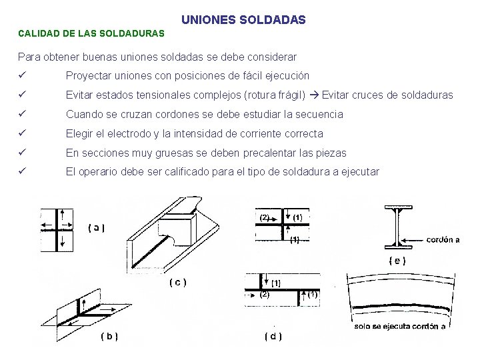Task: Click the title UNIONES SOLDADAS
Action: click(x=243, y=20)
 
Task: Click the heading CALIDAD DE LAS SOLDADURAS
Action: click(x=91, y=33)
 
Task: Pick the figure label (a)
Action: click(x=96, y=227)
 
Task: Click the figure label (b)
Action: click(x=109, y=336)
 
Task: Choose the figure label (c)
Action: click(x=177, y=282)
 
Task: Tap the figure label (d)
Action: click(x=273, y=336)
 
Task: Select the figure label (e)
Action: click(x=397, y=260)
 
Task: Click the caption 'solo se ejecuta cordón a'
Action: click(x=400, y=326)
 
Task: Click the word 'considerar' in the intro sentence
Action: click(x=271, y=57)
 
